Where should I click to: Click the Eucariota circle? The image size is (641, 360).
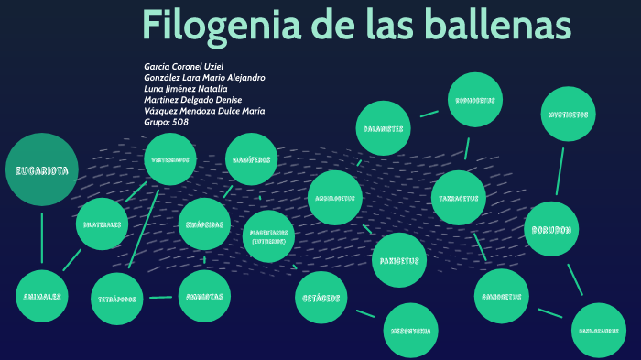coord(41,170)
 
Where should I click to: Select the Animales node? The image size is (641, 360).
coord(42,296)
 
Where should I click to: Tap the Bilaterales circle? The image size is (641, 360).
coord(102,224)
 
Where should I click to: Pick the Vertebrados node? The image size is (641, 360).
coord(171,159)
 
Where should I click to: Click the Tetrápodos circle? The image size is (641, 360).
coord(118,299)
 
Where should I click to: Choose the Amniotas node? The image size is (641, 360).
coord(203,296)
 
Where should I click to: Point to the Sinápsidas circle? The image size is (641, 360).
coord(203,224)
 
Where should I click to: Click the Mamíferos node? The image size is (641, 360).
coord(251,159)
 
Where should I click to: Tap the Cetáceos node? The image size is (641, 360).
coord(321,297)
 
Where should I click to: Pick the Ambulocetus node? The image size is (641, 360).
coord(334,197)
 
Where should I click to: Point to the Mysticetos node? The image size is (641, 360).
coord(568,115)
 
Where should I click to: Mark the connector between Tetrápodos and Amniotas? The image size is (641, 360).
coord(160,297)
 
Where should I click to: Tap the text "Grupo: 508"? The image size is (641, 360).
coord(167,122)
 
